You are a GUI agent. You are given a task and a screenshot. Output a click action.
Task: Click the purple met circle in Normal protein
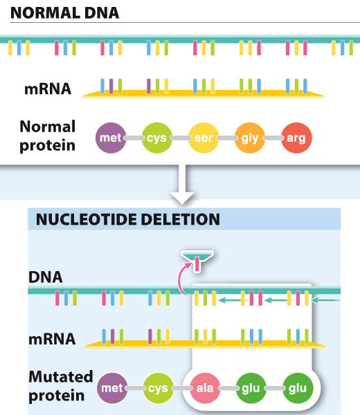[x=111, y=138]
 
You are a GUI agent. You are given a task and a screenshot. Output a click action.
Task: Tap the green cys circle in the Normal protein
[x=157, y=138]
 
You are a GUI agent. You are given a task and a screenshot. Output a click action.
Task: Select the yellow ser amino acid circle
[x=204, y=138]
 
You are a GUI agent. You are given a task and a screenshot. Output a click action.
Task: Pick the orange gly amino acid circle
[x=250, y=138]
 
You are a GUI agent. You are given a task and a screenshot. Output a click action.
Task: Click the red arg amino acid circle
[x=296, y=138]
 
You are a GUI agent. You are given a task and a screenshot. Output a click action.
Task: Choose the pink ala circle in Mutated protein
[x=205, y=388]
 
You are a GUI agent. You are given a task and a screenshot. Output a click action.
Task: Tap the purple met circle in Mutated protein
[x=112, y=388]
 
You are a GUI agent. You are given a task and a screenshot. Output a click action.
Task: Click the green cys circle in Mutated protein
[x=159, y=388]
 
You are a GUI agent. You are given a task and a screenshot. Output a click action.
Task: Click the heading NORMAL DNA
[x=64, y=12]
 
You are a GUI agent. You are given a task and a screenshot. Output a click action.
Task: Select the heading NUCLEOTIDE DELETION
[x=127, y=219]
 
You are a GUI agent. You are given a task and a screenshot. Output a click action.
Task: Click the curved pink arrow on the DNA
[x=183, y=278]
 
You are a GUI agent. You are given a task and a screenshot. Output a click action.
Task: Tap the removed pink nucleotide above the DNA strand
[x=197, y=264]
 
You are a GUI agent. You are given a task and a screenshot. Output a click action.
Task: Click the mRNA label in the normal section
[x=48, y=89]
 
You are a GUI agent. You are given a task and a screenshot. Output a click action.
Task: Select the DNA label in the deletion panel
[x=45, y=277]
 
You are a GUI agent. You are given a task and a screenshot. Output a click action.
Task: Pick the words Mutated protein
[x=61, y=386]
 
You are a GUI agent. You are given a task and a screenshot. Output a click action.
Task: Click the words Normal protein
[x=48, y=136]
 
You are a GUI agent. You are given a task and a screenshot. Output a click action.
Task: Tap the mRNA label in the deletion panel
[x=52, y=340]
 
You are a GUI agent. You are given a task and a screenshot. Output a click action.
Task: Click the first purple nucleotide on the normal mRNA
[x=111, y=86]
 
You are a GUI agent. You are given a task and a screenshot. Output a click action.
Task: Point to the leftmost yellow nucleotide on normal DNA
[x=10, y=48]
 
